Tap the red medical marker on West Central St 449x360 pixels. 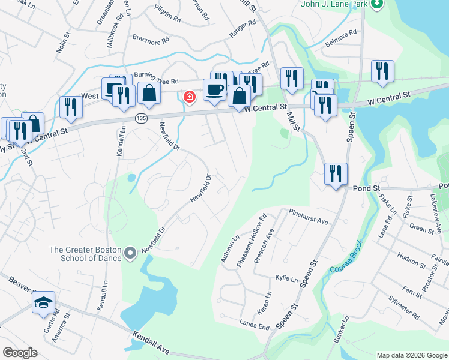(x=189, y=97)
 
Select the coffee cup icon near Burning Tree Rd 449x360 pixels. (x=214, y=90)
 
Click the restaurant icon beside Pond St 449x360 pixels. (x=336, y=173)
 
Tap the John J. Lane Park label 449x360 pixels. (x=334, y=4)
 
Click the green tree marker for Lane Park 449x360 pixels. (x=377, y=4)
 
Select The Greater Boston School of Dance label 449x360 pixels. (x=86, y=254)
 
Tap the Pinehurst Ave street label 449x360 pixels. (x=308, y=217)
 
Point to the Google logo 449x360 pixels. (x=20, y=353)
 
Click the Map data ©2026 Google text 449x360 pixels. (x=412, y=355)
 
